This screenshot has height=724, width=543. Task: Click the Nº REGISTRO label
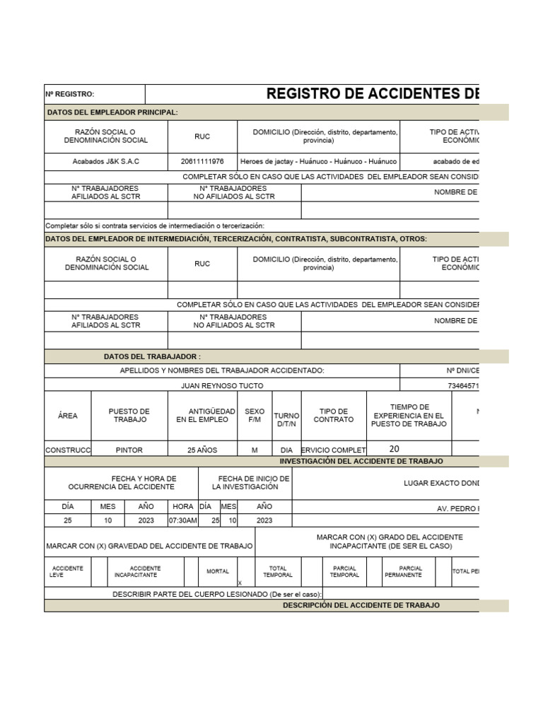click(x=70, y=95)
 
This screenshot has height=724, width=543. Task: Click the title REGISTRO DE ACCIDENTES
click(x=372, y=95)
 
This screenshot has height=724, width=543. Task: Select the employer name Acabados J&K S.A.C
click(x=106, y=161)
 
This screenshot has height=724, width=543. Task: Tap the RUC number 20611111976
click(x=202, y=161)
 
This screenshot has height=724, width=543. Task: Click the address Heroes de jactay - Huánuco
click(x=318, y=161)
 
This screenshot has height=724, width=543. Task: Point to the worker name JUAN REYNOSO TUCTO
click(x=222, y=386)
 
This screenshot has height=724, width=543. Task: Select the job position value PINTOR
click(x=129, y=450)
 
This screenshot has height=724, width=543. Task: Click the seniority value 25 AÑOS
click(x=202, y=450)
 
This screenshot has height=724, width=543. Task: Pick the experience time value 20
click(x=394, y=449)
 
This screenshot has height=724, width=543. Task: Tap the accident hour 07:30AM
click(x=182, y=520)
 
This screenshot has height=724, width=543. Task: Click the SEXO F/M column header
click(x=255, y=415)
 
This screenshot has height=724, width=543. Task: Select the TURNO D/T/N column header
click(x=286, y=419)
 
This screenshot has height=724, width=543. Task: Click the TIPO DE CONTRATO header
click(x=334, y=415)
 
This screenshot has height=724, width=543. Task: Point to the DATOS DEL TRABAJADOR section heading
click(x=152, y=357)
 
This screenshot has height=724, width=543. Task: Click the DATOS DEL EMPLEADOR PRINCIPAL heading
click(x=112, y=112)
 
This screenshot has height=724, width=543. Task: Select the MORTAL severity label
click(x=218, y=571)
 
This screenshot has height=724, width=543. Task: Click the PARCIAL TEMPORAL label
click(x=344, y=571)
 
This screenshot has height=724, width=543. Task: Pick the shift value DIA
click(x=286, y=450)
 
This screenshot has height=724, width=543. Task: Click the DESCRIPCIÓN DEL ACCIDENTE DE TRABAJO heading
click(x=361, y=605)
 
